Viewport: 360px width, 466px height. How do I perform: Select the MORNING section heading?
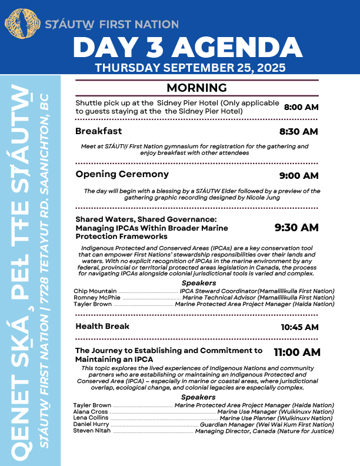(x=196, y=88)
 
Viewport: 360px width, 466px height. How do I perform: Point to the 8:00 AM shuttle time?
(x=301, y=107)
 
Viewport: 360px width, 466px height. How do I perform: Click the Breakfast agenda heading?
(x=99, y=131)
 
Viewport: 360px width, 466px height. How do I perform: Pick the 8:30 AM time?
(x=298, y=131)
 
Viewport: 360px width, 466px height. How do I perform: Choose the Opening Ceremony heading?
(x=122, y=174)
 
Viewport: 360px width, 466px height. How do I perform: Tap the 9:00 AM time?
(x=298, y=175)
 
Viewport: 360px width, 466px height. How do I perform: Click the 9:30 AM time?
(x=296, y=227)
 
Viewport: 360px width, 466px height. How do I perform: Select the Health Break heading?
(x=102, y=327)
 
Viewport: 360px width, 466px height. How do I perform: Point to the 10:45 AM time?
(x=299, y=327)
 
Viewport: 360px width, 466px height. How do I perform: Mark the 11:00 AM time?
(x=297, y=353)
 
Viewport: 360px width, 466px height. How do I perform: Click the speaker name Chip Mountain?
(x=95, y=291)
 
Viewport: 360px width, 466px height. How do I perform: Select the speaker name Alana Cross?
(x=91, y=412)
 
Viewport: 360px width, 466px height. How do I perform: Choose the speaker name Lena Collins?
(x=91, y=418)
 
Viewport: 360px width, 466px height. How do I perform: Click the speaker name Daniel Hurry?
(x=91, y=424)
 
